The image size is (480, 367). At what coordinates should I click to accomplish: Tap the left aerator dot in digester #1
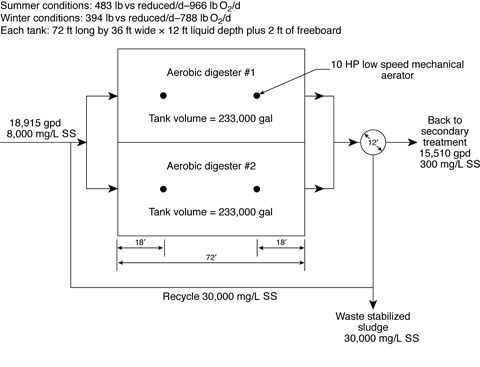tap(162, 95)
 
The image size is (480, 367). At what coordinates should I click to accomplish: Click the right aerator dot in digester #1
tap(257, 95)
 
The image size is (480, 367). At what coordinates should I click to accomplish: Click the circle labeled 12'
tap(373, 142)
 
